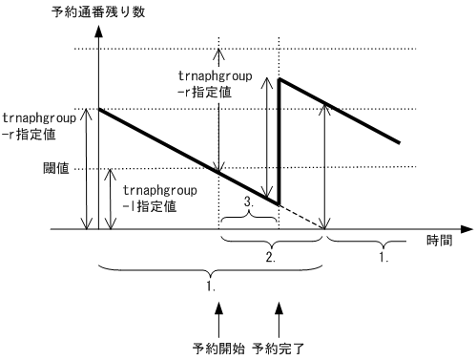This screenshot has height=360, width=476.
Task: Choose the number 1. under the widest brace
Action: (x=209, y=285)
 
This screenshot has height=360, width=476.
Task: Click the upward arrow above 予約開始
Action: (x=218, y=315)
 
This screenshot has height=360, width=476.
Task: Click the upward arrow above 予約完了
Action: (x=279, y=315)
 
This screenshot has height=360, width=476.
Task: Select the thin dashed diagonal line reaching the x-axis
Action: (x=303, y=217)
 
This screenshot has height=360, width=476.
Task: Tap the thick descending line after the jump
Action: (x=339, y=111)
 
